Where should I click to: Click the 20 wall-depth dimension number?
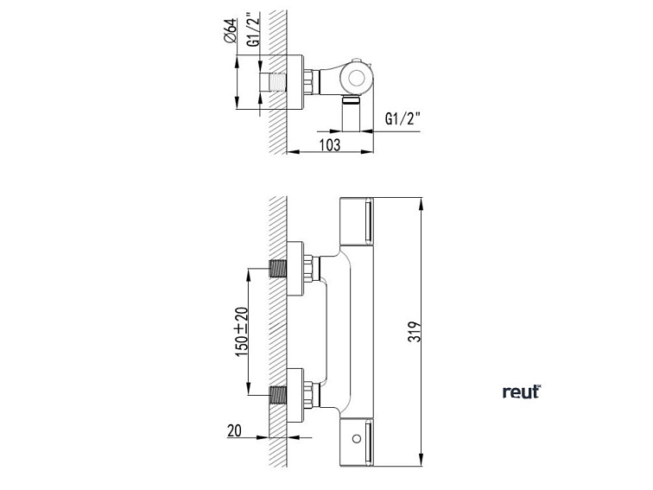click(234, 430)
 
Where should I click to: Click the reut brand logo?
click(521, 392)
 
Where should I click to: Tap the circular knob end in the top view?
click(355, 77)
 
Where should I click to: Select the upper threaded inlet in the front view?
click(279, 269)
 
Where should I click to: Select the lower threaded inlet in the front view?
click(279, 396)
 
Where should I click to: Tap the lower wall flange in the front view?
click(296, 396)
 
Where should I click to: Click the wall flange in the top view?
click(295, 83)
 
